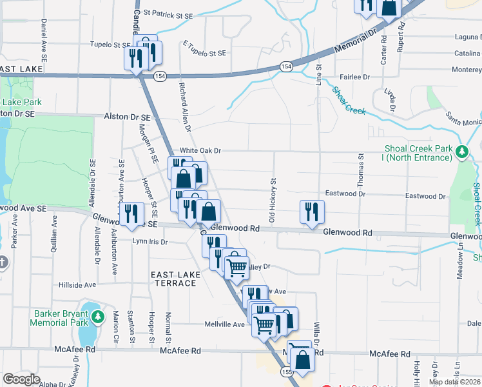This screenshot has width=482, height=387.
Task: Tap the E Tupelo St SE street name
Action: (x=204, y=48)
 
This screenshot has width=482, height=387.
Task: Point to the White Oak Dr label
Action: (x=200, y=150)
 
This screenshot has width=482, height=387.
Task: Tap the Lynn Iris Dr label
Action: (x=149, y=242)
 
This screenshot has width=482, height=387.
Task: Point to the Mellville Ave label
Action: (x=225, y=324)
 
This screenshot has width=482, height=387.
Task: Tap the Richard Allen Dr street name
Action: (x=185, y=106)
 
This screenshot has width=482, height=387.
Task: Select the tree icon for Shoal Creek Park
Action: (x=461, y=153)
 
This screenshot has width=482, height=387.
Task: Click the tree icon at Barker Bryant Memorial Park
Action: (x=97, y=317)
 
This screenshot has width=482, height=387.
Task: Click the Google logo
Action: (x=21, y=379)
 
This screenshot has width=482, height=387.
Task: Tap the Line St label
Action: (x=318, y=75)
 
